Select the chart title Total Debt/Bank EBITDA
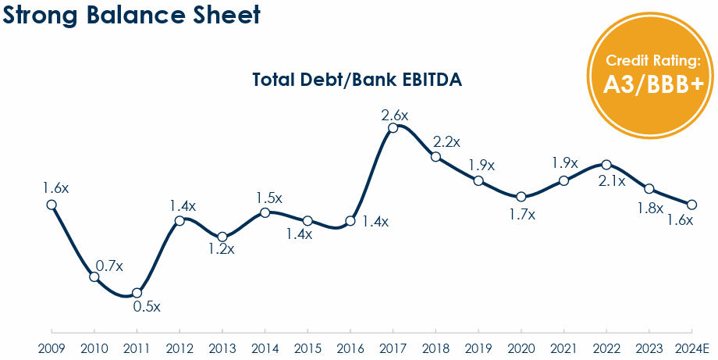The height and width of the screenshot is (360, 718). point(357,80)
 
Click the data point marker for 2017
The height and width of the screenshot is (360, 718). point(393,127)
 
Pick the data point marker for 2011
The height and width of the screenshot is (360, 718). point(137,293)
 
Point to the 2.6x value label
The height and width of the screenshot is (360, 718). point(394,114)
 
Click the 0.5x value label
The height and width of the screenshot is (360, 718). point(146,307)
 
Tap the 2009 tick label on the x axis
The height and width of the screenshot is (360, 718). point(52,348)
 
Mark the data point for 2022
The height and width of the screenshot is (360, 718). point(606,165)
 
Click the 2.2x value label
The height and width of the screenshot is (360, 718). point(446,142)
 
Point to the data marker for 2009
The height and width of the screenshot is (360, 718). point(52,205)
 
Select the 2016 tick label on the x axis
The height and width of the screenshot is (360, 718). point(350,348)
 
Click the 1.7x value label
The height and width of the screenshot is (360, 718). point(521,214)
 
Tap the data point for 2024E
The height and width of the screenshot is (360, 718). point(691,205)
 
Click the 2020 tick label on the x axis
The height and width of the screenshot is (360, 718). point(521,348)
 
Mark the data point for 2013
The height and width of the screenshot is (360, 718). point(222,237)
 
